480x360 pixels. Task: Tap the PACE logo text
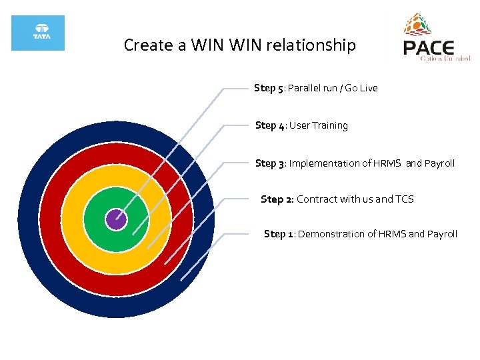(429, 48)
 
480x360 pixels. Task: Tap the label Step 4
(270, 125)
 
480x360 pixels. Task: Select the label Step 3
(270, 163)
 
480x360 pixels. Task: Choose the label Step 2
(276, 199)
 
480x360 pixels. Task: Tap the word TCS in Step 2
(404, 199)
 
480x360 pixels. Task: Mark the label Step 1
(279, 233)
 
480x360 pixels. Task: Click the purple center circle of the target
(116, 219)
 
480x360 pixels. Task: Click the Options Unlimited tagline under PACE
(445, 59)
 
